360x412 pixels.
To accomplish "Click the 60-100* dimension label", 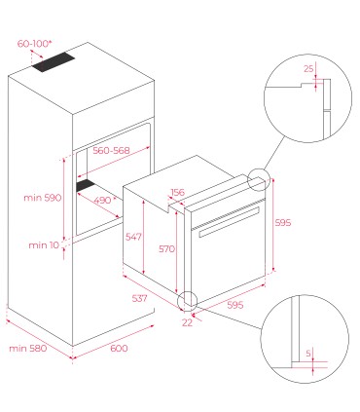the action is [35, 44].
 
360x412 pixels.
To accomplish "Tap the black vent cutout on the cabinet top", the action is [54, 62].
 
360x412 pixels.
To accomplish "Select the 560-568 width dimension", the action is [111, 151].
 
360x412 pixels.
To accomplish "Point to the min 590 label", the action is [43, 198].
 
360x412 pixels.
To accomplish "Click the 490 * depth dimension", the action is [105, 201].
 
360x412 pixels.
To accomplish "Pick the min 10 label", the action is [44, 245].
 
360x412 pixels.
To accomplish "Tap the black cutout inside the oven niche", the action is [86, 185].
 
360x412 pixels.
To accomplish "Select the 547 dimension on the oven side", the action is [133, 237].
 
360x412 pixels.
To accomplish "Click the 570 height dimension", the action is [166, 249].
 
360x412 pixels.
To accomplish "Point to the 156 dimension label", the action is [178, 192].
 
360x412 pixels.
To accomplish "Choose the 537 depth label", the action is [139, 298].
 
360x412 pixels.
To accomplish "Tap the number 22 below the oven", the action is [187, 322].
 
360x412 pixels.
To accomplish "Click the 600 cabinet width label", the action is [119, 349].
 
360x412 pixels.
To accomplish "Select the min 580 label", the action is [28, 349].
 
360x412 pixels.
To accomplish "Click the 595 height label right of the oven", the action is [283, 223].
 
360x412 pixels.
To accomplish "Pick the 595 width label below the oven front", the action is [235, 305].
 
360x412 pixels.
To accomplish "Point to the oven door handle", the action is [229, 222].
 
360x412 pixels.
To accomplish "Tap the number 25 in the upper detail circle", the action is [308, 69].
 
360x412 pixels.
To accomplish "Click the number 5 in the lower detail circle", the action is [308, 353].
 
